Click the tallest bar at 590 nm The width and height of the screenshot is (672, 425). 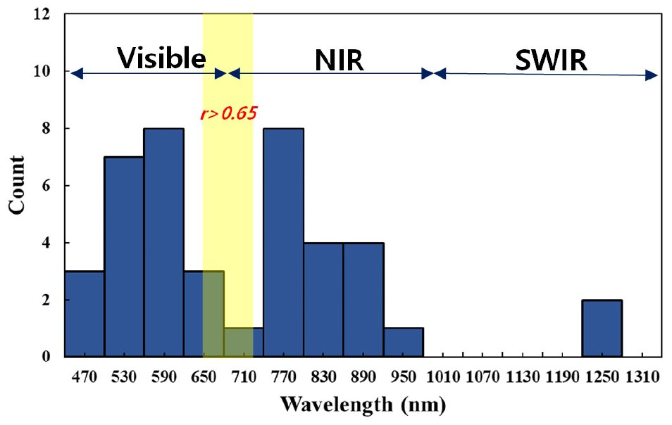point(163,243)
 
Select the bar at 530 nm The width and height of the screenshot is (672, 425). point(124,257)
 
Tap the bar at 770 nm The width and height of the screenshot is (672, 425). point(283,243)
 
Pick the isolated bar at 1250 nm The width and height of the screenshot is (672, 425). point(602,328)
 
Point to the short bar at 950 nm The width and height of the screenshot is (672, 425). point(403,342)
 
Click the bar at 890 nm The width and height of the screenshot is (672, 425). point(363,300)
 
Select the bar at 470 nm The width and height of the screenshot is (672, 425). point(85,314)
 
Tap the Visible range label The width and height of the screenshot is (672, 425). point(161,58)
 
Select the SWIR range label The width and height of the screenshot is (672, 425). point(550,61)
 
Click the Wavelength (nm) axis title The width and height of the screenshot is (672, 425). point(363,405)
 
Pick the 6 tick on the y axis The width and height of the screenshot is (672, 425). point(49,186)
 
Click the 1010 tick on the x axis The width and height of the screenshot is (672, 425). point(442,376)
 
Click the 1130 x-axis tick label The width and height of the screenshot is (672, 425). point(522,376)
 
